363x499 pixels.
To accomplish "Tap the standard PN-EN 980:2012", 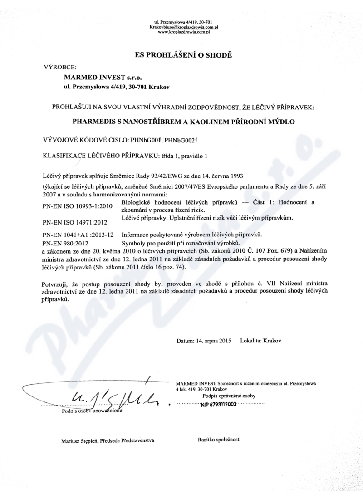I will tap(64, 243).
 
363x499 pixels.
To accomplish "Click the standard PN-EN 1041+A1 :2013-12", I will tap(78, 235).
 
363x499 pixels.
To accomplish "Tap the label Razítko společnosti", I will tap(219, 440).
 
